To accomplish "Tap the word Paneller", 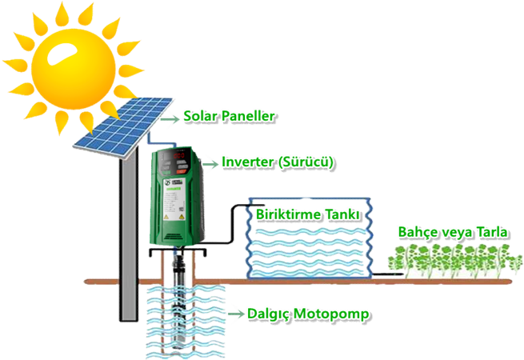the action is pos(248,116).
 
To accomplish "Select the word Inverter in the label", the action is pos(247,162).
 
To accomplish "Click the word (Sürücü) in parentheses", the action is pos(306,162).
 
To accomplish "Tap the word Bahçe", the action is pos(418,232).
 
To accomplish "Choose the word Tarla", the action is pos(492,232).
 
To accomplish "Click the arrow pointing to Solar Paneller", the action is pos(170,118).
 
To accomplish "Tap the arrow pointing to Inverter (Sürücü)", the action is pos(210,164).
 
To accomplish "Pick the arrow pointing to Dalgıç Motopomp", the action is pos(236,314).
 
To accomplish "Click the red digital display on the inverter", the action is pos(178,155).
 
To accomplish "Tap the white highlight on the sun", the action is pos(62,54).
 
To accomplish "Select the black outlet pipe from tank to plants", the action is pos(388,274).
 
